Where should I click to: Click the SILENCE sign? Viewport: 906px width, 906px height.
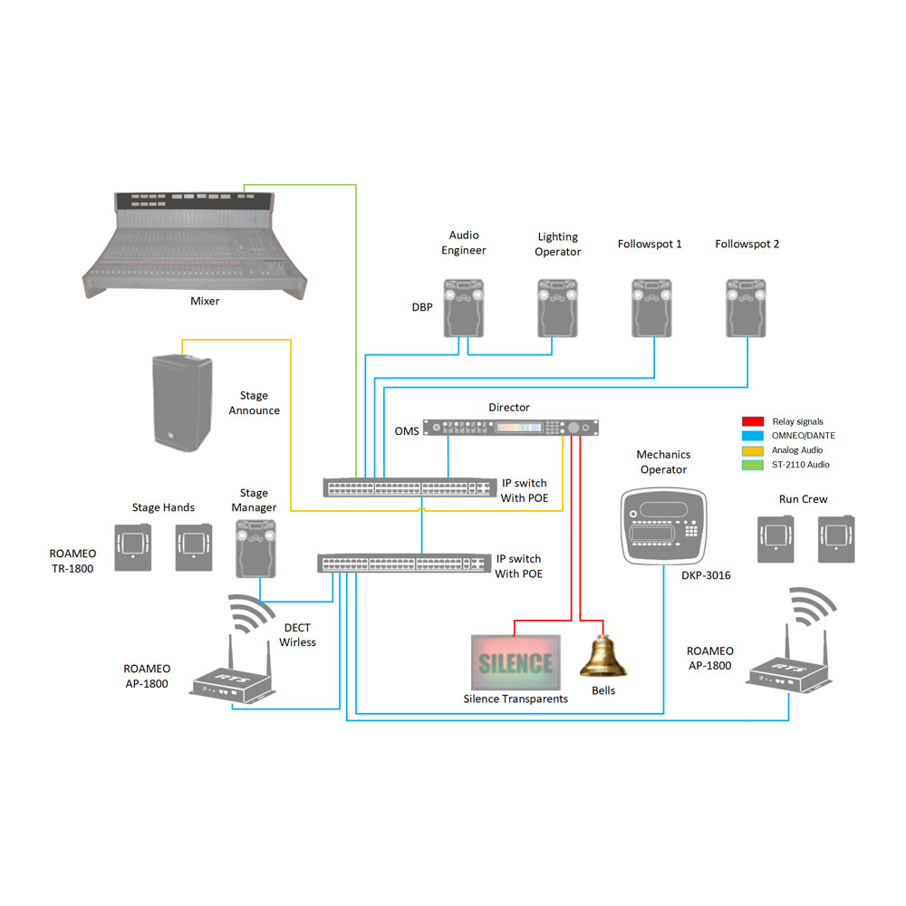point(515,662)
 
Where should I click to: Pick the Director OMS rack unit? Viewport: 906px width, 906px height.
point(512,428)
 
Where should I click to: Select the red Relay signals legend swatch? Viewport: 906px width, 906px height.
point(752,421)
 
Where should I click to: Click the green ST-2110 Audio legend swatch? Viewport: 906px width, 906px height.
point(752,465)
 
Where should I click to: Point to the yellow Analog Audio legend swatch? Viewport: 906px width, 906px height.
point(752,450)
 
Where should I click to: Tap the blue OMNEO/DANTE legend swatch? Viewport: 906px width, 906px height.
point(752,436)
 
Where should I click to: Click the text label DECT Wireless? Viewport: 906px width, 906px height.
point(297,635)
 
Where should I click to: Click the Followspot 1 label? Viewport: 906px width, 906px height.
point(650,244)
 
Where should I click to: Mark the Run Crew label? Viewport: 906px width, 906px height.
point(803,499)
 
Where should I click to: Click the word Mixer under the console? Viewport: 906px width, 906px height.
point(205,301)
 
